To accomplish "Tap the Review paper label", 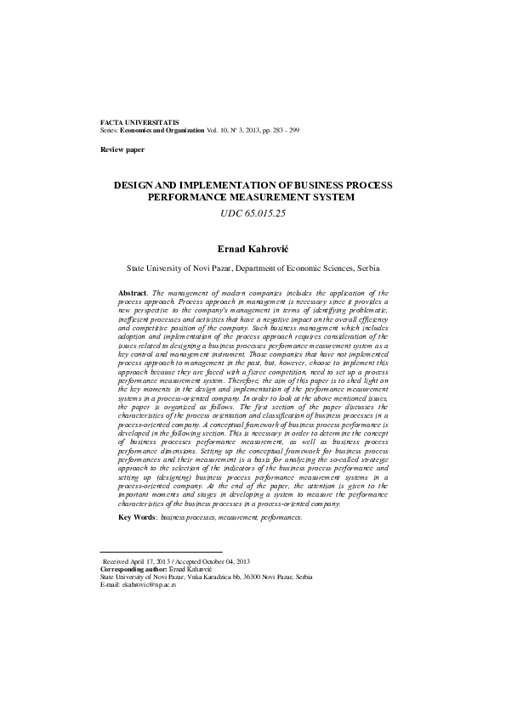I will [122, 149].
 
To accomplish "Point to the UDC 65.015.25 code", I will [253, 213].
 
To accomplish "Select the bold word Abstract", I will [132, 291].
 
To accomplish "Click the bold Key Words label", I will [137, 516].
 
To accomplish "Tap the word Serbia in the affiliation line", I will [367, 267].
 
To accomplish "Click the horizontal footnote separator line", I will [161, 553].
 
